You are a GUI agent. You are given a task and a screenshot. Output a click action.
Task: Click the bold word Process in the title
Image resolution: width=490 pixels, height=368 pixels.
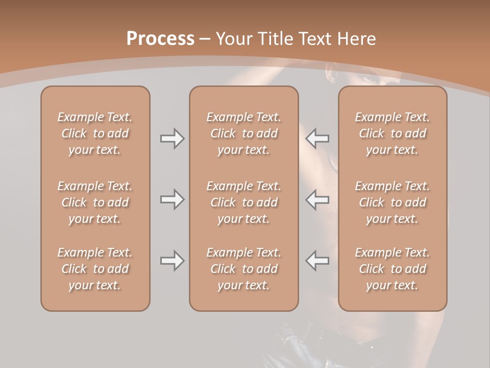[160, 39]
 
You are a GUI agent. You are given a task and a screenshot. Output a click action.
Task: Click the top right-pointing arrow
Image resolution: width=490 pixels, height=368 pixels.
[172, 139]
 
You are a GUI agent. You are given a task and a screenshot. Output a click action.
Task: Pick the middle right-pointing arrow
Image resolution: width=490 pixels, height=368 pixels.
[172, 199]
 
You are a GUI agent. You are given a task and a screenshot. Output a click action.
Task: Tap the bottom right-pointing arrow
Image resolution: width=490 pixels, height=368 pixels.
[172, 261]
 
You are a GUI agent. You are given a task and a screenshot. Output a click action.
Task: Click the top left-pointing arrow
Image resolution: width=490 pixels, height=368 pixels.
[317, 139]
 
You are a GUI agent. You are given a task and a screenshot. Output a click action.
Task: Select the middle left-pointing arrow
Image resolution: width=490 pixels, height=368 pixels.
[317, 199]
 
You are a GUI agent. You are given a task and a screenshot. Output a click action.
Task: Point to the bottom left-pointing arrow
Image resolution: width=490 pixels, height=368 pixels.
[317, 261]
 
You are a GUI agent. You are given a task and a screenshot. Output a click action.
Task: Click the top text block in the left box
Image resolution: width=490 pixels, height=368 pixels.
[95, 133]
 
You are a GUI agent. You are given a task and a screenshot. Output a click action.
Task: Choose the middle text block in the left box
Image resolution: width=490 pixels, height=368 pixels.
[95, 202]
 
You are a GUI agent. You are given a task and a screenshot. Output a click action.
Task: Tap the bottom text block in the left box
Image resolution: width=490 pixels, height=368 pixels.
[95, 269]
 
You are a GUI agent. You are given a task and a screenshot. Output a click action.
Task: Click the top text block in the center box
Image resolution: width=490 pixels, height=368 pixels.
[243, 133]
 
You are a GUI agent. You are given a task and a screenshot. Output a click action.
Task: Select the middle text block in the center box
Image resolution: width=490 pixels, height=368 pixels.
[243, 202]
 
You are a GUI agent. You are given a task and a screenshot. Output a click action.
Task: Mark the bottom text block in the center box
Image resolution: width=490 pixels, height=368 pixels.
[243, 269]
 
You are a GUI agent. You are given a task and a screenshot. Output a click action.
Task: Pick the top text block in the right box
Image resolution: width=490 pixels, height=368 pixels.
[393, 133]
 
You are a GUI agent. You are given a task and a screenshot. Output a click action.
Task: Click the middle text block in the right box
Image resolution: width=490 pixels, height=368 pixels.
[393, 202]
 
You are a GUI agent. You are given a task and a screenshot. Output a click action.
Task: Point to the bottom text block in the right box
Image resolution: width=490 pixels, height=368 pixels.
[393, 269]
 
